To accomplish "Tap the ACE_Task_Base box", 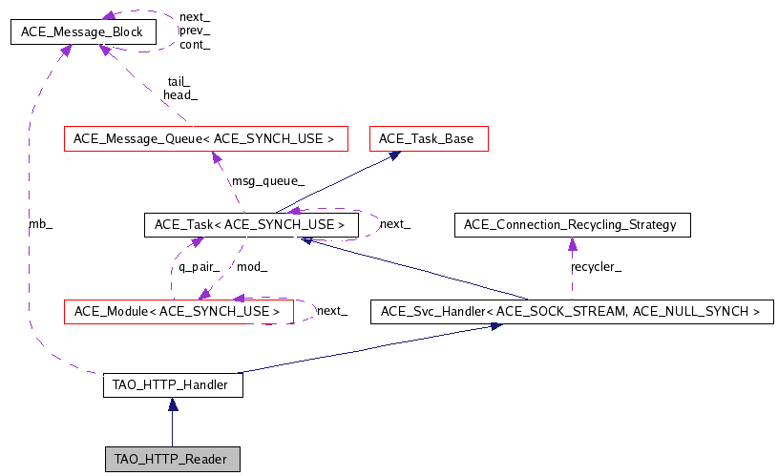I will tap(429, 138).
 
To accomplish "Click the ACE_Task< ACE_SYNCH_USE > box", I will tap(249, 225).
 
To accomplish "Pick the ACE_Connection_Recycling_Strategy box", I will tap(570, 225).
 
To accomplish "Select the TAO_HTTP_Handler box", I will tap(172, 385).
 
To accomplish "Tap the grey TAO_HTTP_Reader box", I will tap(172, 459).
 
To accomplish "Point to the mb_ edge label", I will tap(40, 225).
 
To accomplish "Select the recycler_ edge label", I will tap(596, 267).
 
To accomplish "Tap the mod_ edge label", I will tap(251, 267).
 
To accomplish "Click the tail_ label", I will tap(179, 82).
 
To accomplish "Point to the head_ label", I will tap(180, 94).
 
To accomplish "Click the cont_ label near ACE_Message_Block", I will tap(195, 44).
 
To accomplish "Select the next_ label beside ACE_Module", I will tap(331, 311).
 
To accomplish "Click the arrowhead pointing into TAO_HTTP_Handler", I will tap(172, 404).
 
